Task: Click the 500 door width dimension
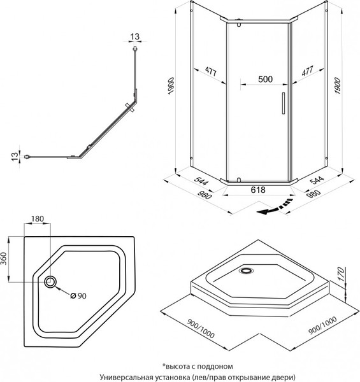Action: [x=265, y=79]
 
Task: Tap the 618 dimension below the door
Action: [x=258, y=190]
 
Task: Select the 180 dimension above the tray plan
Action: [x=38, y=219]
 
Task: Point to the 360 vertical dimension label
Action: [x=4, y=258]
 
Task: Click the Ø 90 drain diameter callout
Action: [x=78, y=296]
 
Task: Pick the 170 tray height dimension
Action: [x=342, y=274]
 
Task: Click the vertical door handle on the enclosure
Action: [x=284, y=103]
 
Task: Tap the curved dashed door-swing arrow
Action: [x=275, y=207]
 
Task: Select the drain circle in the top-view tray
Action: [x=50, y=282]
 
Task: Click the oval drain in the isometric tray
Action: [x=246, y=270]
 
